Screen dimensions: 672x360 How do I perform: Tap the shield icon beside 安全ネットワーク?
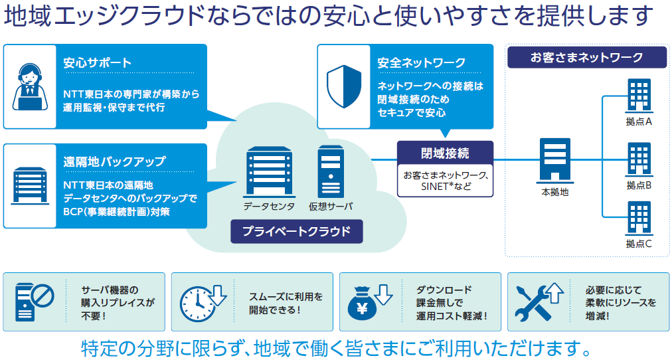click(344, 86)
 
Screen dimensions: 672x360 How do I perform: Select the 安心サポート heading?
click(98, 63)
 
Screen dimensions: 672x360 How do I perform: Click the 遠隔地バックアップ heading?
click(114, 161)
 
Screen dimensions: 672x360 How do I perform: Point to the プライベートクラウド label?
click(297, 231)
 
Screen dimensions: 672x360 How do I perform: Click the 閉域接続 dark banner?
click(446, 153)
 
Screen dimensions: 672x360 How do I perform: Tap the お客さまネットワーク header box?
click(587, 57)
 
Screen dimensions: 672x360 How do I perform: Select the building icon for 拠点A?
click(639, 96)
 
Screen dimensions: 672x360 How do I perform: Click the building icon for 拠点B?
click(639, 159)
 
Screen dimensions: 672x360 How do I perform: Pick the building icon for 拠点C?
click(639, 219)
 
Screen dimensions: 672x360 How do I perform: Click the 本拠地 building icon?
click(554, 160)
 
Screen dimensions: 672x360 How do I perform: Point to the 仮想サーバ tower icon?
click(331, 172)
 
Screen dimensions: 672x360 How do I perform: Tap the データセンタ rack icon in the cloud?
click(269, 172)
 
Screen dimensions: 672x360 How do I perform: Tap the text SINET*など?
click(446, 187)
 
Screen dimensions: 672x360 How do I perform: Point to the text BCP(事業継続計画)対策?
click(116, 212)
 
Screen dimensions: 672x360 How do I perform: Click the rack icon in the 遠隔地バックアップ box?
click(30, 185)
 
